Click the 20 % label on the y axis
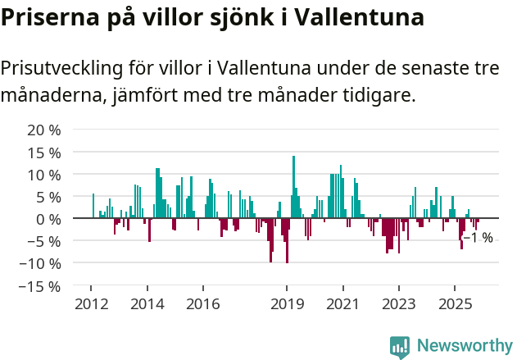(44, 130)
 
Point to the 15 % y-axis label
(44, 153)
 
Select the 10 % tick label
(44, 175)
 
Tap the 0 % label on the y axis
(48, 219)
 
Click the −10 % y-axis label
(40, 263)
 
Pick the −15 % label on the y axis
(40, 286)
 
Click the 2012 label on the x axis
(92, 304)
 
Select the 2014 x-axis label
(147, 304)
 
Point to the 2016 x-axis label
(203, 304)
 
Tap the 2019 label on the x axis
(287, 304)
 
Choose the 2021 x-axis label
(342, 304)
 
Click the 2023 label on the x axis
(399, 304)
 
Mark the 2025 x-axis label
(455, 304)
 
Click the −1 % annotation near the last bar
(478, 238)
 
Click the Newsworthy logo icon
(400, 347)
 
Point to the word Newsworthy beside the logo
(465, 347)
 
